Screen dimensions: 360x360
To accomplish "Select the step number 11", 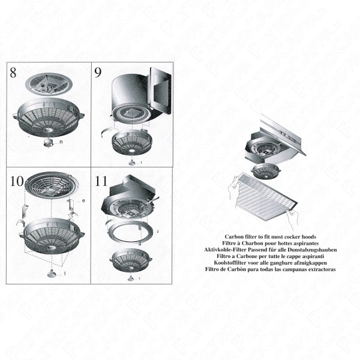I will [101, 180].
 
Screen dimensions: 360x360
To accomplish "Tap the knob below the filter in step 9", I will [133, 161].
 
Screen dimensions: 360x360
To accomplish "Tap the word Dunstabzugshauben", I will [312, 248].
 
